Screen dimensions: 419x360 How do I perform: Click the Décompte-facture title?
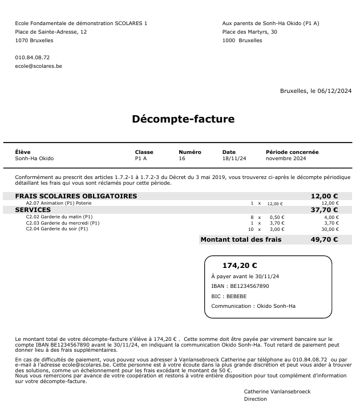tap(183, 119)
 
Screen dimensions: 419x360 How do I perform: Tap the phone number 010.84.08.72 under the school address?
tap(33, 58)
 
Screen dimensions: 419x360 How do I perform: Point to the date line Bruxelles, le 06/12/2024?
tap(315, 91)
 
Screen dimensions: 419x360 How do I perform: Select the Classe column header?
tap(144, 152)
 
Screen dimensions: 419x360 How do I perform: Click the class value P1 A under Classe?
tap(141, 158)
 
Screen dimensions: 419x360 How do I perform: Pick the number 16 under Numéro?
tap(182, 158)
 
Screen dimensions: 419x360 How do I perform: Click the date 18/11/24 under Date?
tap(234, 158)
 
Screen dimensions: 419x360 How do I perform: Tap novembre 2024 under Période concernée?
tap(287, 158)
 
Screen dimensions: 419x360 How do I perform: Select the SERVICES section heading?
tap(33, 210)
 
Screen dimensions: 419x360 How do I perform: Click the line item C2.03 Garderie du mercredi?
tap(63, 223)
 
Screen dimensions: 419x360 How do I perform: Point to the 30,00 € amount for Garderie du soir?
tap(330, 229)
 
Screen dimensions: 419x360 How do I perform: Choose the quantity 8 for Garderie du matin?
tap(252, 217)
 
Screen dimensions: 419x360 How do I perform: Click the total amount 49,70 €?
tap(324, 240)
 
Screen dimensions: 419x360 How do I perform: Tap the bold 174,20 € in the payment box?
tap(240, 265)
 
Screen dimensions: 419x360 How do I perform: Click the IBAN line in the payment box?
tap(240, 286)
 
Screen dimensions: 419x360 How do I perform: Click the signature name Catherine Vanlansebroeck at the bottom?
tap(277, 392)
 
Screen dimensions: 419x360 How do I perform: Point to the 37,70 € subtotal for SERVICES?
tap(324, 210)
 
